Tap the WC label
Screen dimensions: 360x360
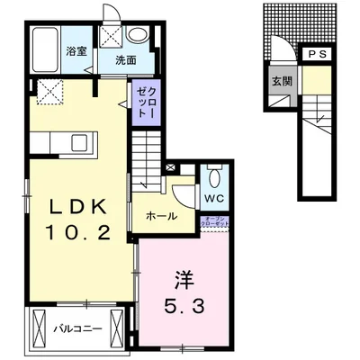(214, 198)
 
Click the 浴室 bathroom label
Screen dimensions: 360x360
(76, 51)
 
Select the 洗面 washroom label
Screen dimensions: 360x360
(124, 61)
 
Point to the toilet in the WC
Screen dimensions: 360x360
(215, 175)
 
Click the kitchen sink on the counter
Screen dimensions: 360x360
(79, 142)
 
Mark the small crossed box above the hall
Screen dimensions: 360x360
(172, 167)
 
